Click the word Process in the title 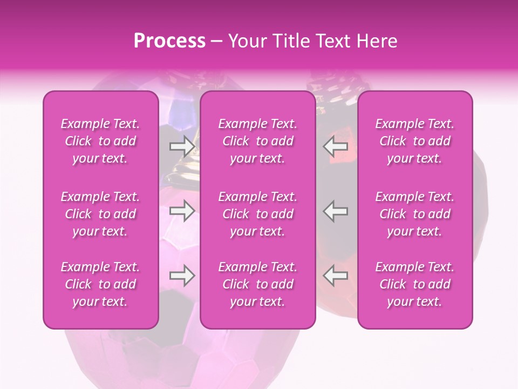169,41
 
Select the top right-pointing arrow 182,146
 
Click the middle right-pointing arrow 182,211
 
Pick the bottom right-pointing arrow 182,276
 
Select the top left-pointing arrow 336,146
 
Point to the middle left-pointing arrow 336,211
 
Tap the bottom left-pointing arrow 336,276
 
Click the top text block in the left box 100,141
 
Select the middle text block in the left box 100,214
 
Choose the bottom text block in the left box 100,284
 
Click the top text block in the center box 258,141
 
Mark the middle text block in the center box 258,214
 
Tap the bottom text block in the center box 258,284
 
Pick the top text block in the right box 415,141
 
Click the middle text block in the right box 415,214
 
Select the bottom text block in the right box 415,284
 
